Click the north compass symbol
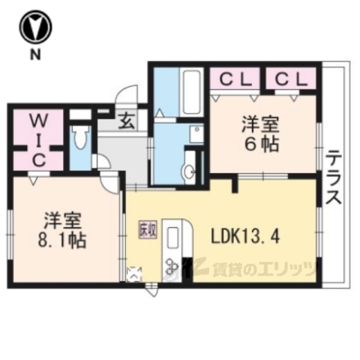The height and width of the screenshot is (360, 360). pyautogui.click(x=35, y=28)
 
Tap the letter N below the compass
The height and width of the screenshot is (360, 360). pyautogui.click(x=35, y=55)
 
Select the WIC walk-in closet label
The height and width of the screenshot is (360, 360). pyautogui.click(x=39, y=140)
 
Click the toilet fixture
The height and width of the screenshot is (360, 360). pyautogui.click(x=80, y=139)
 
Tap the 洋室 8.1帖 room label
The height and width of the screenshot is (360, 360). pyautogui.click(x=61, y=230)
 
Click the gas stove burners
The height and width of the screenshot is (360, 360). pyautogui.click(x=170, y=265)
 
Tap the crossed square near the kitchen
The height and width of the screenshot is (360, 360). pyautogui.click(x=135, y=274)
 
